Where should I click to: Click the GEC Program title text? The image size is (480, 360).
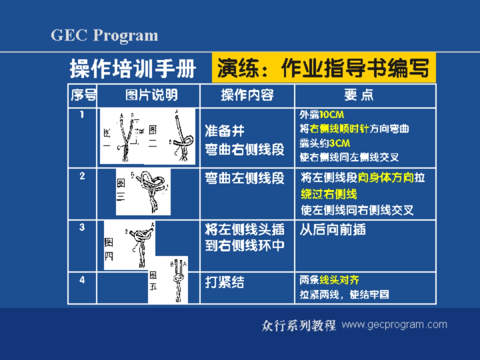coord(104,36)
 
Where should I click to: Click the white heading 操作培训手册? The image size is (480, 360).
coord(133,68)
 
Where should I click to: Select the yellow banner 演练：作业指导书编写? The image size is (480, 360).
coord(323,68)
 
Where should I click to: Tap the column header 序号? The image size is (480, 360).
coord(83,95)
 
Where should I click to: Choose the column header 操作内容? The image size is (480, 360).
coord(247,95)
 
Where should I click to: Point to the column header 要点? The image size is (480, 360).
coord(359,95)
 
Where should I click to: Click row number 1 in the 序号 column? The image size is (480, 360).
coord(82,115)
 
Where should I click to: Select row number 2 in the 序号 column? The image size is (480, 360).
coord(82,176)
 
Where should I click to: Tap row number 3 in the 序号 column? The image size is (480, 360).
coord(82,227)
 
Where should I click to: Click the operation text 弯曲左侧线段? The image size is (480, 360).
coord(244,178)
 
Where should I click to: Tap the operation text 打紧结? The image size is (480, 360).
coord(224,283)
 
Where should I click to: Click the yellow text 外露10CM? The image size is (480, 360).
coord(322,115)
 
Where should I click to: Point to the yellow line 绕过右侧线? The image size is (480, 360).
coord(328,194)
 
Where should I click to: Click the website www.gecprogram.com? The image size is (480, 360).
coord(394,324)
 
